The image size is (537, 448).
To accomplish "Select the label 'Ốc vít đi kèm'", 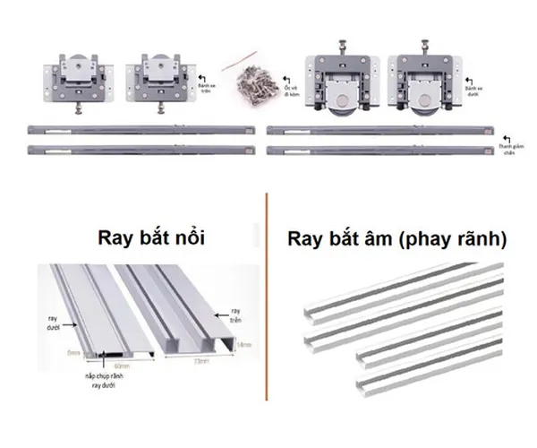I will point(291,90).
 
